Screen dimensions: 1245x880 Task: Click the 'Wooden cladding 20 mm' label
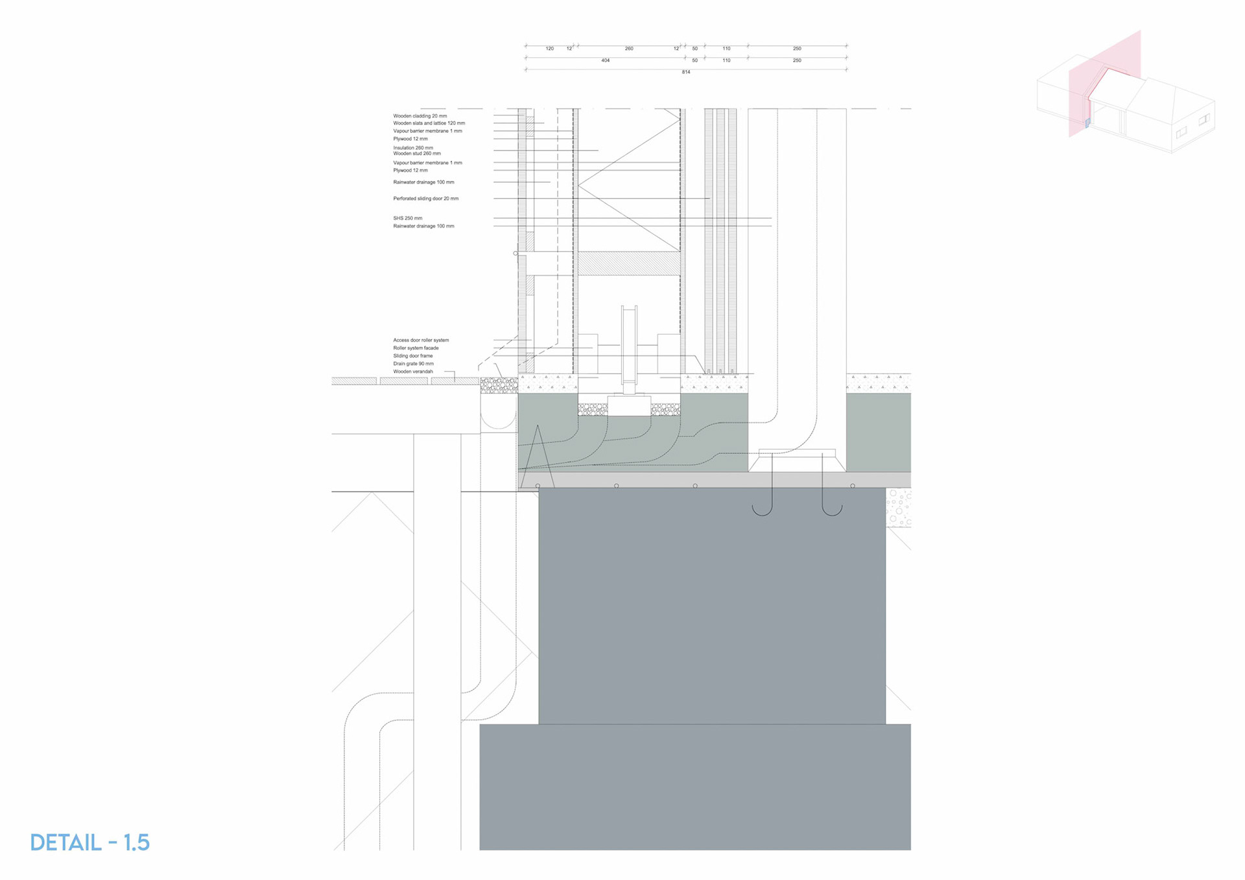point(420,116)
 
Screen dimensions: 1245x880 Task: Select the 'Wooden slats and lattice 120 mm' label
point(429,123)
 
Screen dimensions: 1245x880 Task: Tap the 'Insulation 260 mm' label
point(413,148)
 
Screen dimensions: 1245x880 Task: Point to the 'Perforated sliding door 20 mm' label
point(425,198)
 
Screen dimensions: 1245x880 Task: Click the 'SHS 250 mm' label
point(407,219)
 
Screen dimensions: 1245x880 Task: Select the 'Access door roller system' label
point(421,340)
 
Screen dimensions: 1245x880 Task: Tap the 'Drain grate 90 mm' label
point(413,364)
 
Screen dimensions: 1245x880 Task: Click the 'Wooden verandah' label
point(412,372)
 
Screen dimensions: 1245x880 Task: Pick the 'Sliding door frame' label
point(412,356)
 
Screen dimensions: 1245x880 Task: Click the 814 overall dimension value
point(685,72)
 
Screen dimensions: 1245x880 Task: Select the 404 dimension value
point(605,60)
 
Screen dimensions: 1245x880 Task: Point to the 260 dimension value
point(628,49)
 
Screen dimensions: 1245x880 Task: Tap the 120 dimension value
point(549,49)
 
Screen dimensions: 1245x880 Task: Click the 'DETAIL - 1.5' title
point(90,842)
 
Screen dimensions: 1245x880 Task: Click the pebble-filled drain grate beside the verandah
point(499,386)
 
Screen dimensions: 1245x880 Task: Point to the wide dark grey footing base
point(694,786)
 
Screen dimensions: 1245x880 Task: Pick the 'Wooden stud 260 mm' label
point(416,154)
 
